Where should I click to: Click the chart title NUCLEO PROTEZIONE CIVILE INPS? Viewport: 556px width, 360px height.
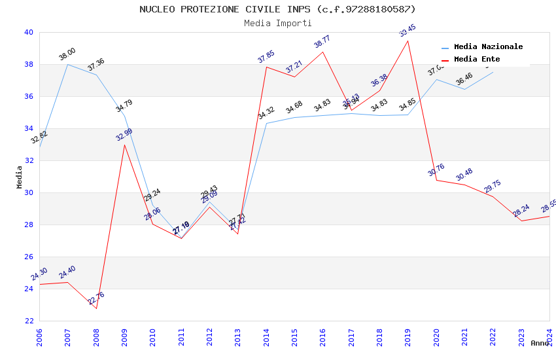tap(277, 9)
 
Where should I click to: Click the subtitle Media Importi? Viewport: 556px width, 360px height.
tap(277, 23)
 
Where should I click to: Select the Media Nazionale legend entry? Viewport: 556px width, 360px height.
tap(488, 47)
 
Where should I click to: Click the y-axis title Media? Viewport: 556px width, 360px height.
tap(20, 177)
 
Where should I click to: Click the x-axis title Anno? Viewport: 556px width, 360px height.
tap(540, 343)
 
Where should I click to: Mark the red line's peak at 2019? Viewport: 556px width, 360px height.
tap(408, 41)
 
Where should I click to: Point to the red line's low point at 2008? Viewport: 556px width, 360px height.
tap(96, 308)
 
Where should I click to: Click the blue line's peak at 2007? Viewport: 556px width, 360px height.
tap(67, 64)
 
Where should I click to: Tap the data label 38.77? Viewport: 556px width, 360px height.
tap(322, 42)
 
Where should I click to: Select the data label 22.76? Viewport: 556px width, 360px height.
tap(96, 298)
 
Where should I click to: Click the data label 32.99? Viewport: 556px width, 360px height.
tap(124, 135)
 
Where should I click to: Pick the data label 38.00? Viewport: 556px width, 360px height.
tap(67, 54)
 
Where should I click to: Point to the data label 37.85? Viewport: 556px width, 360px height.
tap(266, 57)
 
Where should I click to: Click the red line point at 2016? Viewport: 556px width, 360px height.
tap(323, 52)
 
